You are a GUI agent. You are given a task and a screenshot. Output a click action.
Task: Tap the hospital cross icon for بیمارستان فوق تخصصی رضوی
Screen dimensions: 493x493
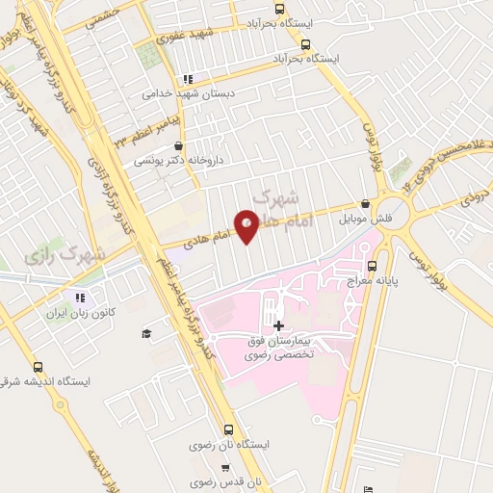279,326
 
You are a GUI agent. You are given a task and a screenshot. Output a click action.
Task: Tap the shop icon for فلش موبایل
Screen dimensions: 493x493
365,204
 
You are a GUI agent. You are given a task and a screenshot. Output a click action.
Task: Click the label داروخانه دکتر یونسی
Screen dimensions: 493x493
178,161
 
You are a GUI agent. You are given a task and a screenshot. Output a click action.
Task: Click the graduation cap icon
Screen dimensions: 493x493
145,333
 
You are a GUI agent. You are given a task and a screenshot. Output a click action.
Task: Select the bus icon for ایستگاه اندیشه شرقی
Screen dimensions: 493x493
38,367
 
